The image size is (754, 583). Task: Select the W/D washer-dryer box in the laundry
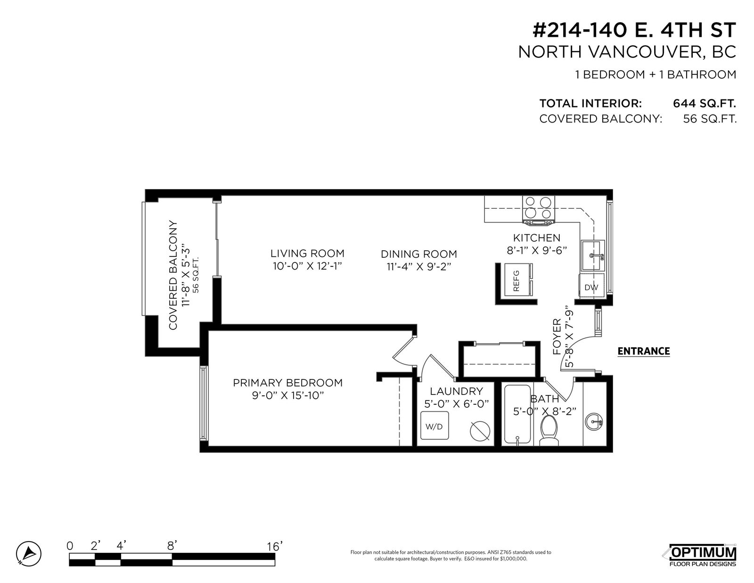(434, 426)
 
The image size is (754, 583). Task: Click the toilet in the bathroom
(549, 430)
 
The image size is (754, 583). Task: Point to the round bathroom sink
(594, 422)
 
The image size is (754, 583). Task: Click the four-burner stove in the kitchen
(539, 210)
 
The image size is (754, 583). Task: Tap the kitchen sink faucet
(597, 256)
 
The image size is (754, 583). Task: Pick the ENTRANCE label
(644, 351)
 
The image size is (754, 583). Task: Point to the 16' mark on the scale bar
(275, 547)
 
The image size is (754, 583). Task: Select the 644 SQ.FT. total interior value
(705, 103)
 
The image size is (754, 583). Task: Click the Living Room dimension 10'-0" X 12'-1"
(307, 266)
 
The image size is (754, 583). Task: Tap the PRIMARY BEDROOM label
(287, 383)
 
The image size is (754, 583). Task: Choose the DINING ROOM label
(419, 254)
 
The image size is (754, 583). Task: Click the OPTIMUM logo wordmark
(703, 552)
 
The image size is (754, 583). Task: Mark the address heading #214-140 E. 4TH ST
(634, 30)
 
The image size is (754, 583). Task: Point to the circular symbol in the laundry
(480, 431)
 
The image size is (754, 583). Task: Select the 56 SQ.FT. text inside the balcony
(196, 275)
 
